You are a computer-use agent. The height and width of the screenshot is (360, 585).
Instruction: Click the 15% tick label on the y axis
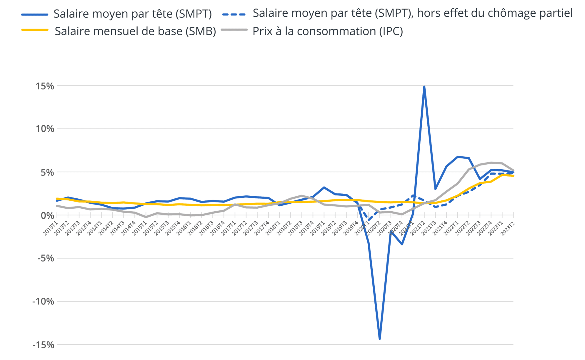pos(45,86)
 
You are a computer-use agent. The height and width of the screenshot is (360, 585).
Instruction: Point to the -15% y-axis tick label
pos(43,345)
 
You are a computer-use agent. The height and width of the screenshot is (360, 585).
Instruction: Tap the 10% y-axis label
pos(45,129)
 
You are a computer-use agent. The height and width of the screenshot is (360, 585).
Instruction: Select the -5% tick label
pos(46,259)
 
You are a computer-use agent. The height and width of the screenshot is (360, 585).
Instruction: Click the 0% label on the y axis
pos(47,215)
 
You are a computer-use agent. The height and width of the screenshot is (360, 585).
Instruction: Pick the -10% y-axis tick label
pos(43,302)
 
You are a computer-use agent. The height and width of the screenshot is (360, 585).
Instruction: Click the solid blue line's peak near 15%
pos(424,87)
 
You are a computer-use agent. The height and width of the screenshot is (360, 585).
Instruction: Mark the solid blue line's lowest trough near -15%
pos(380,339)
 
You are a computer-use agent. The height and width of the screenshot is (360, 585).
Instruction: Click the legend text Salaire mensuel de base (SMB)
pos(135,31)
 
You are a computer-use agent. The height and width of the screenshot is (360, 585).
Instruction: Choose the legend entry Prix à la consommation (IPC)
pos(328,31)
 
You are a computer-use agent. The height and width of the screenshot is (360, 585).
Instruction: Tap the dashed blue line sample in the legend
pos(234,14)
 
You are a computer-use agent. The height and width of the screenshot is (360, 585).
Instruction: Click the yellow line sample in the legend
pos(35,30)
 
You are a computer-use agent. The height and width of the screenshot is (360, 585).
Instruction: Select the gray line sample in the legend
pos(234,30)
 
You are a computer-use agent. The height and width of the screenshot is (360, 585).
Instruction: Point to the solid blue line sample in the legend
pos(35,14)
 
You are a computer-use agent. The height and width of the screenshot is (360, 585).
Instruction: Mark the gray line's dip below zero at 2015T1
pos(146,217)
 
